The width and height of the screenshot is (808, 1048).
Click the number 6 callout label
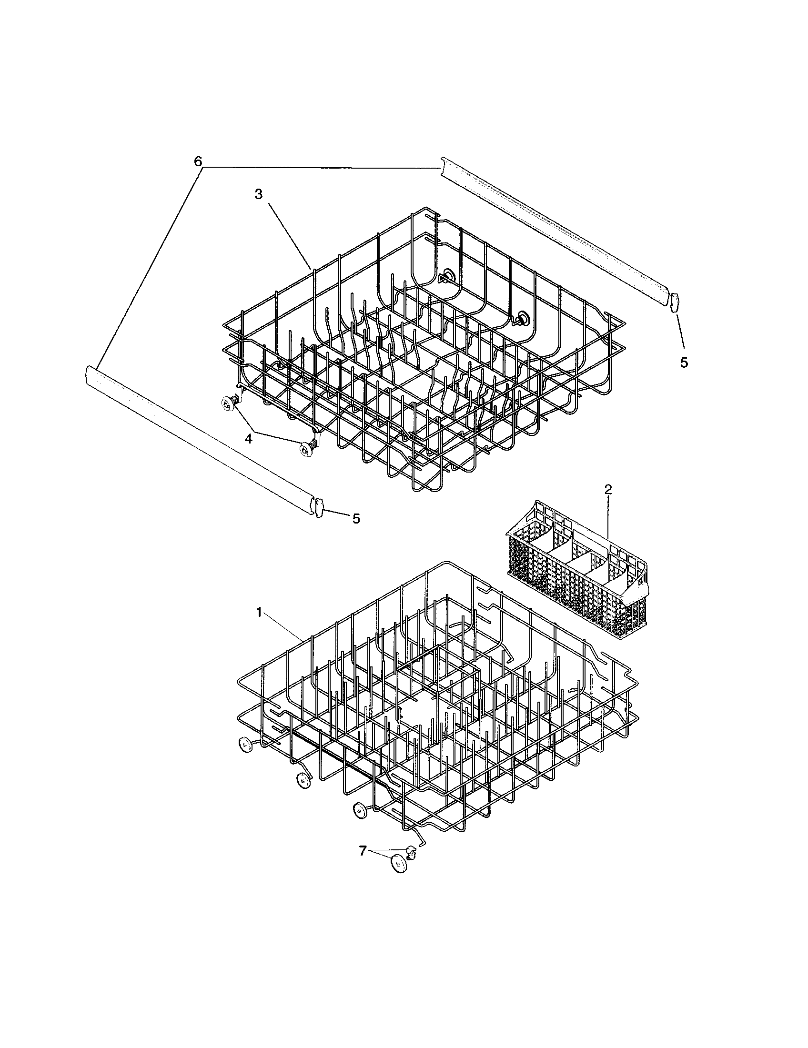(x=198, y=161)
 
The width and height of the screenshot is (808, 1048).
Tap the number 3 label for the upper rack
(x=259, y=195)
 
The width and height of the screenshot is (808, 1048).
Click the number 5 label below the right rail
(x=684, y=363)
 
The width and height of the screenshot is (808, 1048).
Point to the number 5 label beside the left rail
(x=356, y=518)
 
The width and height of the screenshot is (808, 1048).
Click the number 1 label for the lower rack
(x=259, y=613)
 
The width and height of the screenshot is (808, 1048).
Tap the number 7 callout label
(x=363, y=850)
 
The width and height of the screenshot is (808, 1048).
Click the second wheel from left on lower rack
(x=302, y=781)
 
